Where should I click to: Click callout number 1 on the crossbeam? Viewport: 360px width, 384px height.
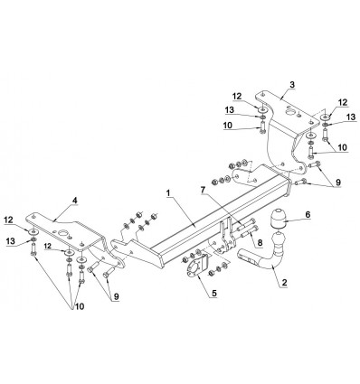pyautogui.click(x=168, y=193)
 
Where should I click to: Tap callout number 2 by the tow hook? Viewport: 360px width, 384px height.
pyautogui.click(x=284, y=283)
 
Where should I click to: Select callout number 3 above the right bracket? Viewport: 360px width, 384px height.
pyautogui.click(x=292, y=85)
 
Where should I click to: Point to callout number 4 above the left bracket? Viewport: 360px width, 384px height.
pyautogui.click(x=75, y=200)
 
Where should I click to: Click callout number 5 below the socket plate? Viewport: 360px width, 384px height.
pyautogui.click(x=214, y=293)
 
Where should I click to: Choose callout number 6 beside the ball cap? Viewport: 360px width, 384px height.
pyautogui.click(x=308, y=214)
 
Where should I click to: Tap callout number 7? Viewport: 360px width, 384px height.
pyautogui.click(x=204, y=190)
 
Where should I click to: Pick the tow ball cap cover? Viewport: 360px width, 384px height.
pyautogui.click(x=278, y=219)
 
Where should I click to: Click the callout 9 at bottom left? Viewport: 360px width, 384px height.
pyautogui.click(x=116, y=297)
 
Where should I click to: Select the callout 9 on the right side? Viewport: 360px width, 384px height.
pyautogui.click(x=338, y=183)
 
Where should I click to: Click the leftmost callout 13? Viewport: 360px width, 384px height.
pyautogui.click(x=11, y=240)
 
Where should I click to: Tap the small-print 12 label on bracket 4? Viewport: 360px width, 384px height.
pyautogui.click(x=48, y=246)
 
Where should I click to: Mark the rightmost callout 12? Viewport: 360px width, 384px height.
pyautogui.click(x=343, y=102)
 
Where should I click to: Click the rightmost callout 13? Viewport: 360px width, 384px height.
pyautogui.click(x=351, y=117)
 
